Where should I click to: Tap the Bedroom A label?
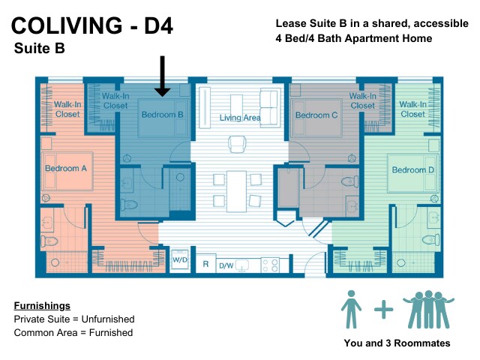click(66, 169)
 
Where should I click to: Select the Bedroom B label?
click(162, 115)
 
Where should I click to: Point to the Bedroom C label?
click(316, 115)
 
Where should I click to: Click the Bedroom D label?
click(412, 169)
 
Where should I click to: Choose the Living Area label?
click(239, 118)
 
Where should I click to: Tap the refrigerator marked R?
click(205, 265)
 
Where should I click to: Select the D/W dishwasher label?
click(226, 265)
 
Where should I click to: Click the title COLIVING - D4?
click(92, 27)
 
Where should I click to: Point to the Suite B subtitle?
click(39, 50)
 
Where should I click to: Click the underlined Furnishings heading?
click(42, 306)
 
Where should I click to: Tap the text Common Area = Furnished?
click(73, 332)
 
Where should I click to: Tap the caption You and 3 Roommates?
click(397, 343)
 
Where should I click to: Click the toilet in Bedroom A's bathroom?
click(50, 241)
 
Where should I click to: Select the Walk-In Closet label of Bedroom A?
click(67, 109)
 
